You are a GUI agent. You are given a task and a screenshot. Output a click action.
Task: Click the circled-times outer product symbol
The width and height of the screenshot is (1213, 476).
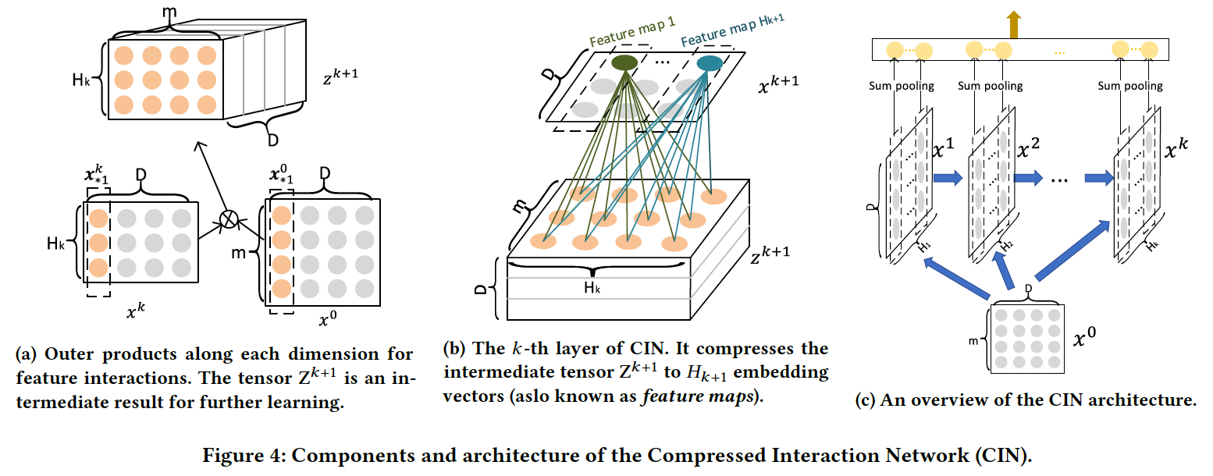click(227, 219)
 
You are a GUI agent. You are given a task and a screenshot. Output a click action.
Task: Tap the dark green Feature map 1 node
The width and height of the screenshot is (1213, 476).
click(624, 62)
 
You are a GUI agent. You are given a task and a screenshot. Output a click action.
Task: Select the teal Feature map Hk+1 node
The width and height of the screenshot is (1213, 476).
click(709, 64)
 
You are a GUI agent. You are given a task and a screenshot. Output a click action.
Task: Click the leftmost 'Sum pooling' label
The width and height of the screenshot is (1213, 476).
click(902, 86)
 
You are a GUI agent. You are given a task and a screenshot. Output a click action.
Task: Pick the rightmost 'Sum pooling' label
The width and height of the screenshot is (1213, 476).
click(1129, 86)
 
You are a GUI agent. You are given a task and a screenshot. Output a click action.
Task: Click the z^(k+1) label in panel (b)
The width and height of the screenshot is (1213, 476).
click(770, 251)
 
